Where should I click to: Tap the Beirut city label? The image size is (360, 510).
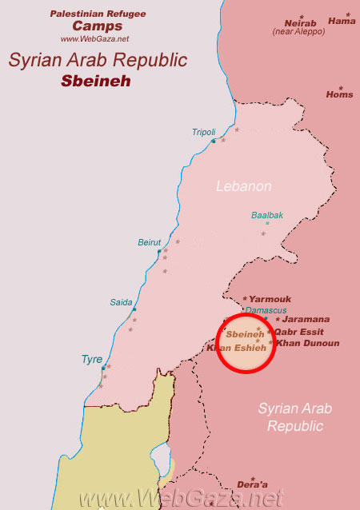[x=150, y=242]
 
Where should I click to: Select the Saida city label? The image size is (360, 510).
[x=121, y=302]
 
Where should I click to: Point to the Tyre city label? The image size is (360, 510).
[x=92, y=360]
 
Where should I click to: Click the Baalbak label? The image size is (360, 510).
[x=267, y=215]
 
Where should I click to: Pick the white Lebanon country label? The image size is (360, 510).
[x=244, y=186]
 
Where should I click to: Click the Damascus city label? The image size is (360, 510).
[x=266, y=309]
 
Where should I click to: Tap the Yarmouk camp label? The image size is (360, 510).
[x=270, y=299]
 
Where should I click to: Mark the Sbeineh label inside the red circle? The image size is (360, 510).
[x=244, y=333]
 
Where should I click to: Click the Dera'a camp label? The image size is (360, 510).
[x=252, y=484]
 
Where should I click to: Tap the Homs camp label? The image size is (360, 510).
[x=339, y=94]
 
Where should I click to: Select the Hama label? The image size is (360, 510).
[x=342, y=21]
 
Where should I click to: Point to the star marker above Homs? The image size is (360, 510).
[x=340, y=87]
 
